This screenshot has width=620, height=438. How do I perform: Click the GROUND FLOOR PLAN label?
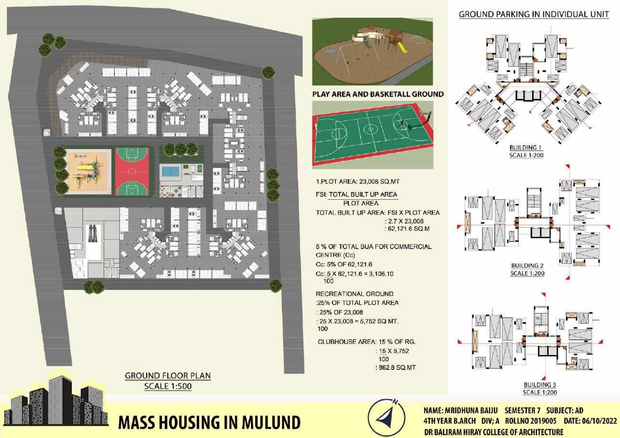tap(167, 376)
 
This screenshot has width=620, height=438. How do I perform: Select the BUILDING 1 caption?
tap(526, 148)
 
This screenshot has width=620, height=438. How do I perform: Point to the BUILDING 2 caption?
tap(527, 266)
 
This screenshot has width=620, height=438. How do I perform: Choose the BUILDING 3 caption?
tap(540, 385)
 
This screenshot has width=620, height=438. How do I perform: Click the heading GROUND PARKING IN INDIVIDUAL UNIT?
tap(534, 14)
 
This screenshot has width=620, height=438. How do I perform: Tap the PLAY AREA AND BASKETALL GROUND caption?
tap(378, 95)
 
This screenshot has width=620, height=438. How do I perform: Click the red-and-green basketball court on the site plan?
tap(132, 172)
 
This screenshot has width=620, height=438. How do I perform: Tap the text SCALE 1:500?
tap(167, 386)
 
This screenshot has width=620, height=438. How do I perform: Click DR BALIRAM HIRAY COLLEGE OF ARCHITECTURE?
tap(493, 432)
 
